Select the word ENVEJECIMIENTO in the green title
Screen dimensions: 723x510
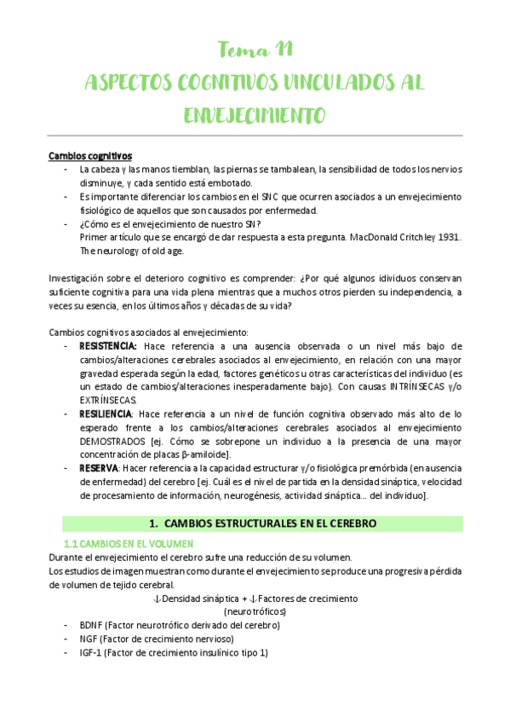[255, 115]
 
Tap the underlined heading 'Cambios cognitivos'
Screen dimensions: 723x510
[89, 156]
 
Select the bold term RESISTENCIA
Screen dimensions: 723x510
[108, 346]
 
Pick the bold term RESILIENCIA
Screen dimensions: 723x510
[106, 414]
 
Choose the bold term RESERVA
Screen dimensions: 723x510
[98, 468]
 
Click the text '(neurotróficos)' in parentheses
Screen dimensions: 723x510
[255, 611]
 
